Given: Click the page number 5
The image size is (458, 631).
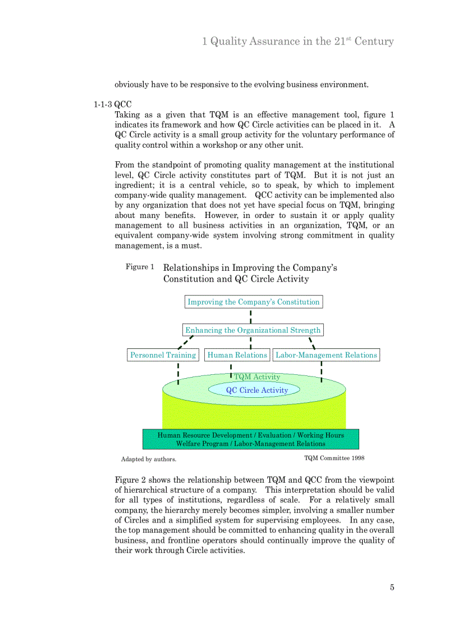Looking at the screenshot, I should (x=392, y=588).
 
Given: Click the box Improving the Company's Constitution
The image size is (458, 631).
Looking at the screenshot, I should (x=254, y=302).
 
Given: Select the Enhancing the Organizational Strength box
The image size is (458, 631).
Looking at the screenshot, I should (x=253, y=330).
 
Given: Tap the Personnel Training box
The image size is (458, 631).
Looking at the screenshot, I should (x=163, y=355).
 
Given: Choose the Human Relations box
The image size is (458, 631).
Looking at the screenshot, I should (x=237, y=355).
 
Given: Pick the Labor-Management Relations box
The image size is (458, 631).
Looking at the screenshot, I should (x=326, y=355).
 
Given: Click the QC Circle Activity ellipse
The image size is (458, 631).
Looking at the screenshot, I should (x=257, y=390).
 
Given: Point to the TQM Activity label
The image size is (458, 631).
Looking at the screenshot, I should (x=257, y=377).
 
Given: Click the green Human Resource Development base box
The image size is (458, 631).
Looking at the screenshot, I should (x=251, y=439).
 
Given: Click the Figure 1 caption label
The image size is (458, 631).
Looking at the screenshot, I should (x=140, y=267).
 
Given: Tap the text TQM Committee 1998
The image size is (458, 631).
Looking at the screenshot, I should (x=334, y=458).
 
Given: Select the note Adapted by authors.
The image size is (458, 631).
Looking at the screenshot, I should (x=149, y=459).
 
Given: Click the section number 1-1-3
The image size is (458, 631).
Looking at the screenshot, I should (x=103, y=105).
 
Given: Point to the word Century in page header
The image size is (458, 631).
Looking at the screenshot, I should (x=374, y=42).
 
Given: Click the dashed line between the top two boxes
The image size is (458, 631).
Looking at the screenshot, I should (x=250, y=316).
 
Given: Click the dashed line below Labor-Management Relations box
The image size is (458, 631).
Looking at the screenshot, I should (x=321, y=371).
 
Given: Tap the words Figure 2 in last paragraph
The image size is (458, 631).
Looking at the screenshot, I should (x=130, y=480).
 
